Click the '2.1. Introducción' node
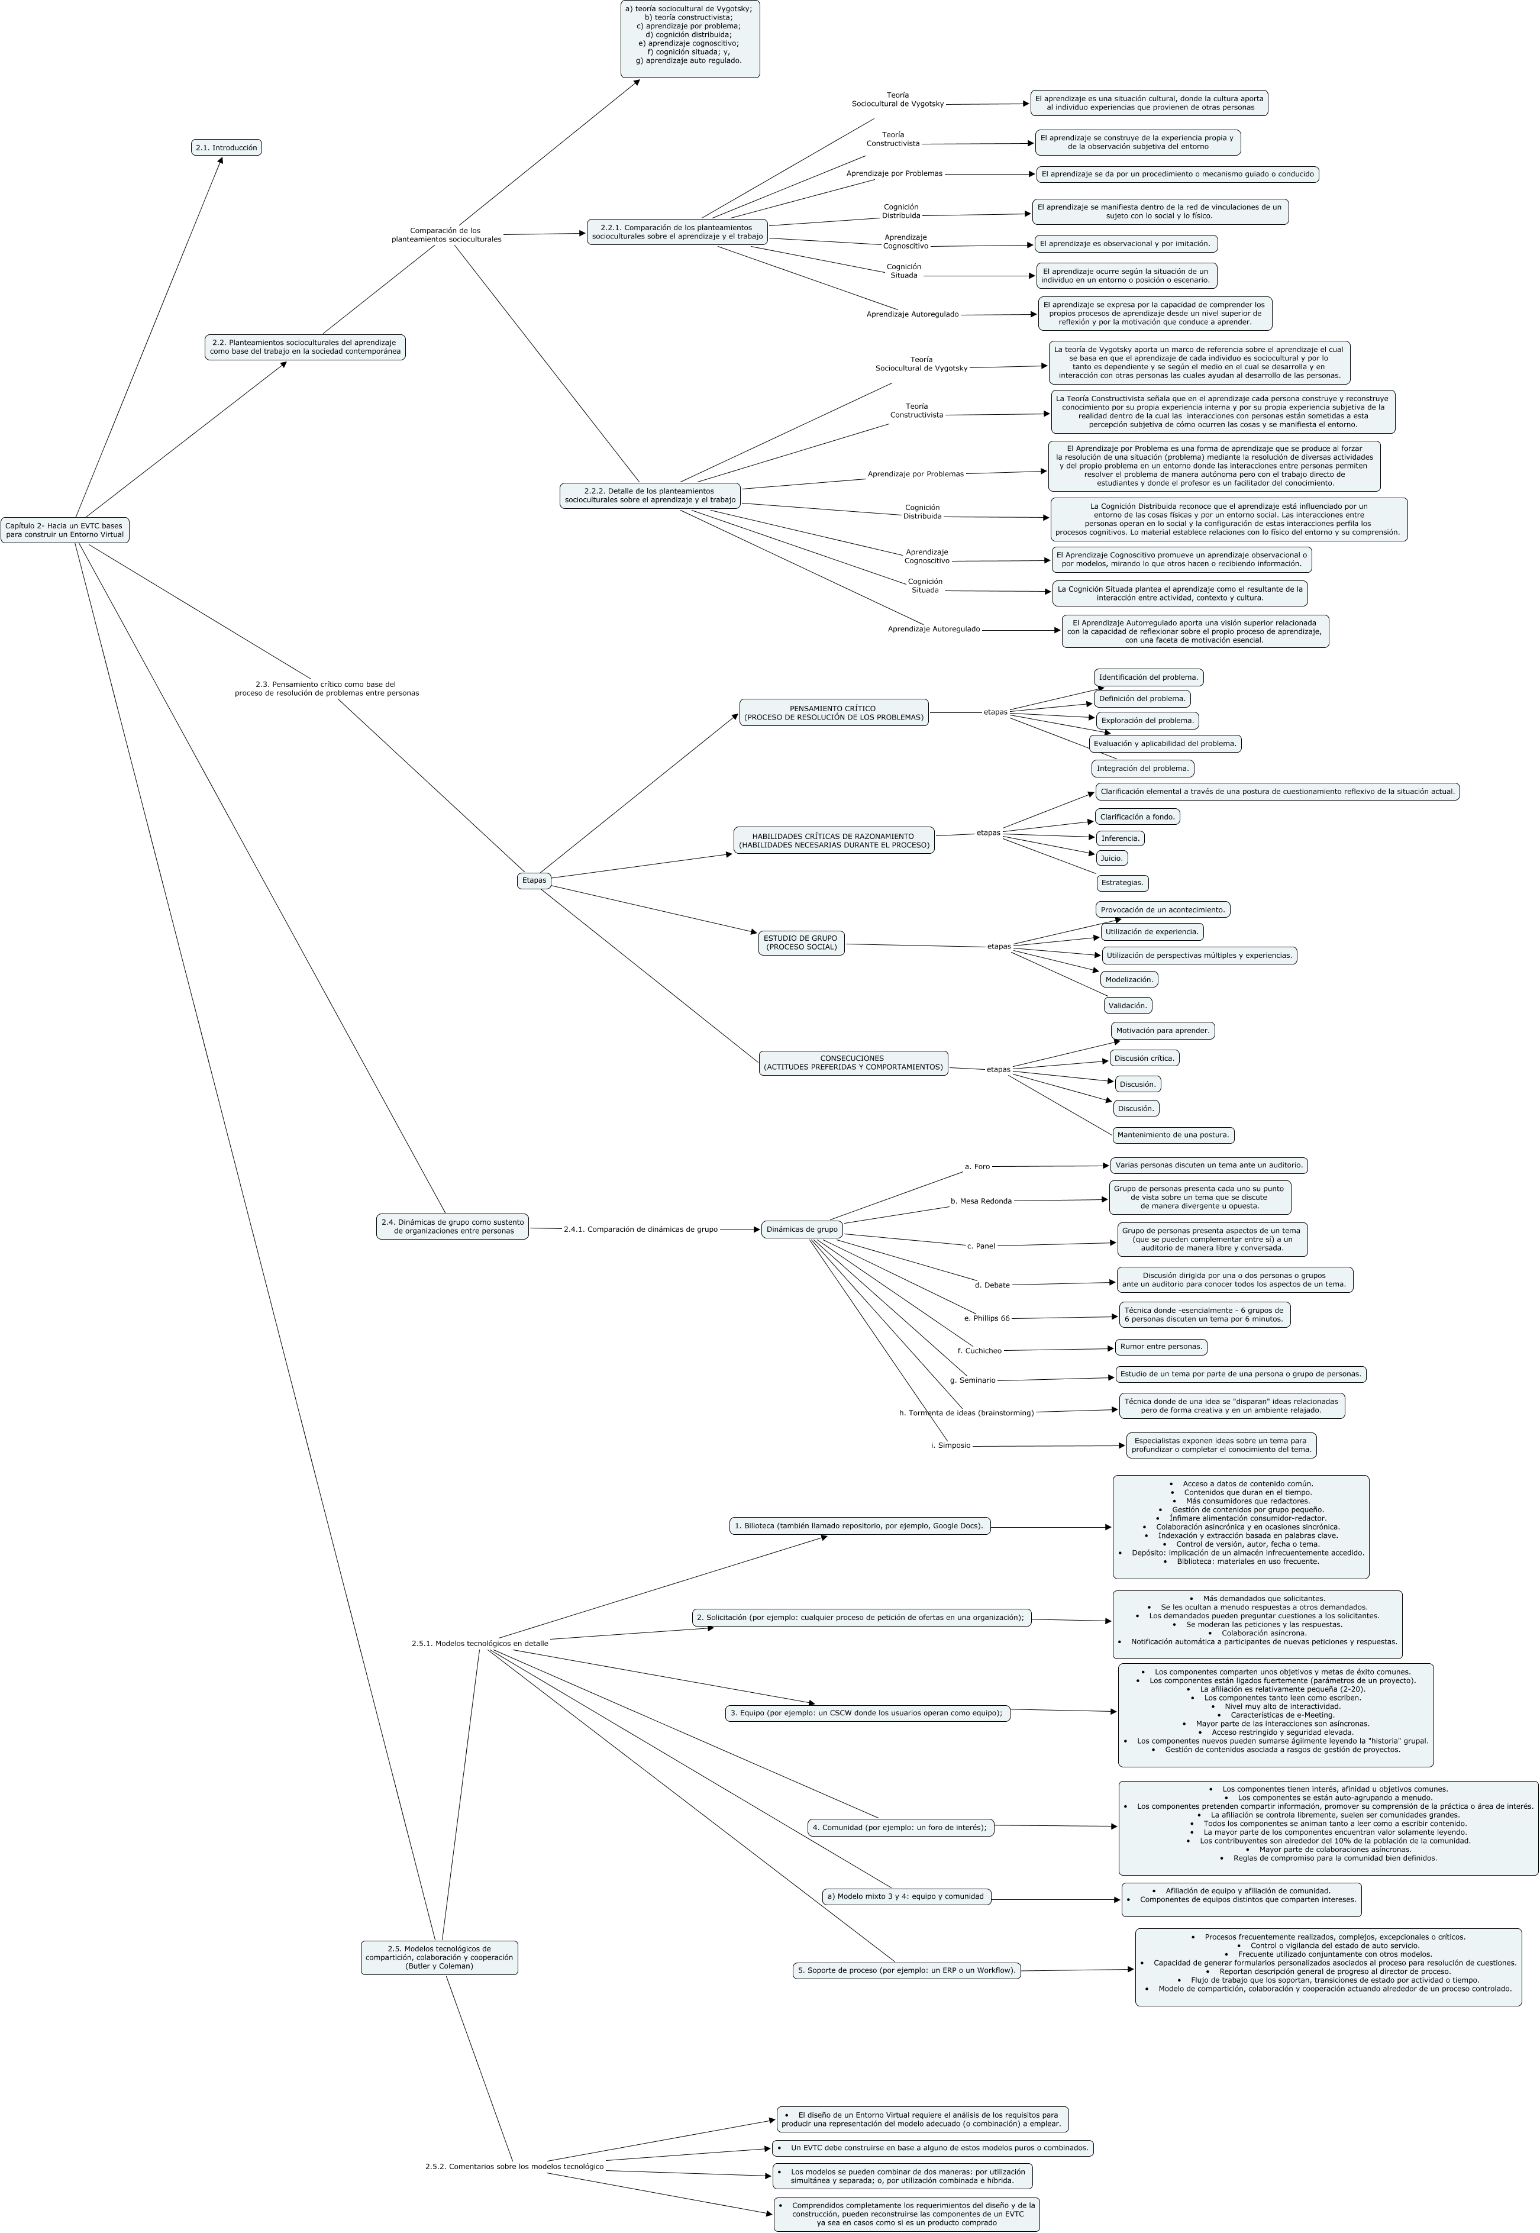tap(227, 148)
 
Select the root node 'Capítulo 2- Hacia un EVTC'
tap(64, 530)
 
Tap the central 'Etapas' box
tap(534, 880)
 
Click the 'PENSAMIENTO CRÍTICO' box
tap(833, 712)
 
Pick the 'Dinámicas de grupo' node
tap(801, 1230)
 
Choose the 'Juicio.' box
tap(1112, 858)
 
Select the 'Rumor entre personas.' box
tap(1161, 1346)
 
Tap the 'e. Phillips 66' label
tap(986, 1318)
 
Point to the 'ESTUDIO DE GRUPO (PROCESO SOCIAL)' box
tap(801, 943)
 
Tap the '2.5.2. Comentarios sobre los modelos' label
tap(514, 2166)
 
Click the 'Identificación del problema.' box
tap(1148, 677)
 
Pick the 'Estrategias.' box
tap(1122, 882)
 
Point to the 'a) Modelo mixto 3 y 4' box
tap(905, 1896)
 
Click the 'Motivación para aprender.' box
tap(1162, 1031)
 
